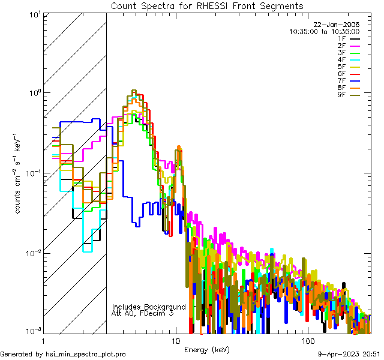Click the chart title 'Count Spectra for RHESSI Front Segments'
tap(207, 5)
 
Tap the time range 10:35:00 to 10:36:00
tap(324, 31)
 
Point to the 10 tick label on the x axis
tap(175, 340)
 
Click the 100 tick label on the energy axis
tap(307, 340)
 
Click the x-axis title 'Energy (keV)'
tap(206, 349)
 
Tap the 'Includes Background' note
tap(149, 307)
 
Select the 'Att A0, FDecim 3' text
tap(143, 313)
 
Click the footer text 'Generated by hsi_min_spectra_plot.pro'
tap(64, 354)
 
